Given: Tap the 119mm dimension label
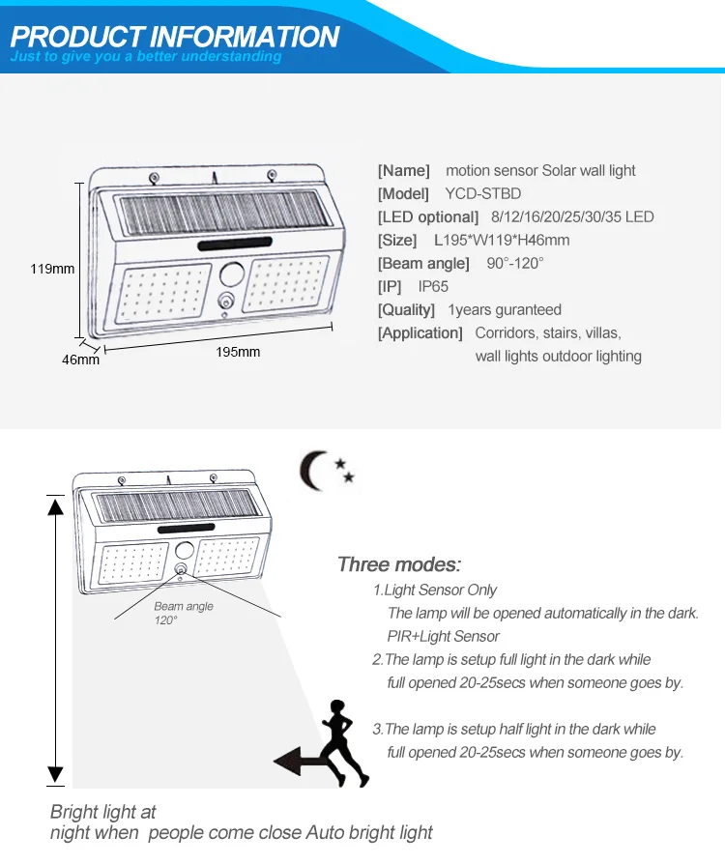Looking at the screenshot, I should click(55, 269).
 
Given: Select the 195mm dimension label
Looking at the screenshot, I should click(238, 352).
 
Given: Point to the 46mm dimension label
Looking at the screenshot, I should click(81, 360).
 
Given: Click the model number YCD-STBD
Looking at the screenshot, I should click(482, 193).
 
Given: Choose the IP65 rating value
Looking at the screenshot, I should click(433, 286).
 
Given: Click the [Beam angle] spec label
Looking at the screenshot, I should click(423, 263).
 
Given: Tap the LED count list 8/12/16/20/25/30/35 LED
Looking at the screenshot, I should click(572, 216).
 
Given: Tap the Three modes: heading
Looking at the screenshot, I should click(399, 564).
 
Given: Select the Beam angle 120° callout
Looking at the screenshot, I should click(184, 613).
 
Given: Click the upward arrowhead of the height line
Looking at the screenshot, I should click(55, 503).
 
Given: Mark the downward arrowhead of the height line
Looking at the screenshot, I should click(55, 774).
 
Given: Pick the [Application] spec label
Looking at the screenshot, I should click(420, 332).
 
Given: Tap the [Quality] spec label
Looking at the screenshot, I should click(406, 309).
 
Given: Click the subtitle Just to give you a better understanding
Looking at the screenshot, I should click(146, 56).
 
